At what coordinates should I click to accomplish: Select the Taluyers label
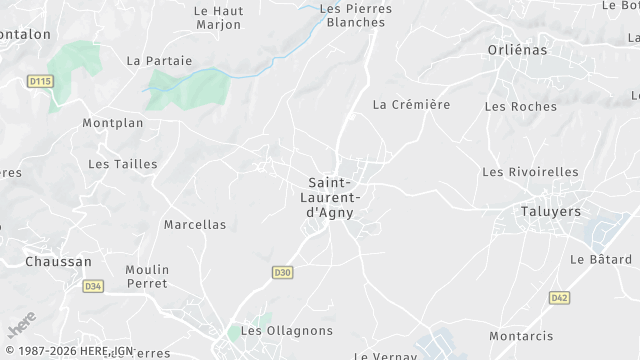551,211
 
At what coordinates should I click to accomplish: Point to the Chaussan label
58,262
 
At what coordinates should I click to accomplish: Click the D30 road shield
282,271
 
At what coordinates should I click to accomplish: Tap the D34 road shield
93,286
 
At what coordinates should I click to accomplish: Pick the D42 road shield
559,297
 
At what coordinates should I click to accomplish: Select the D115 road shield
40,81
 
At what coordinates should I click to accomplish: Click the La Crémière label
411,104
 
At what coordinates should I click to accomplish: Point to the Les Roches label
513,106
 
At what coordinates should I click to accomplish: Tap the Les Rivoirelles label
530,172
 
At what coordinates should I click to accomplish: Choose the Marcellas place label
195,225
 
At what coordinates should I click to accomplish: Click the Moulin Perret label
147,277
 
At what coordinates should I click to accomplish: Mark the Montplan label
113,123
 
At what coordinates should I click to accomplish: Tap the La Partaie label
159,60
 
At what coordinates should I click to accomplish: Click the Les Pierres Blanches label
355,15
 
